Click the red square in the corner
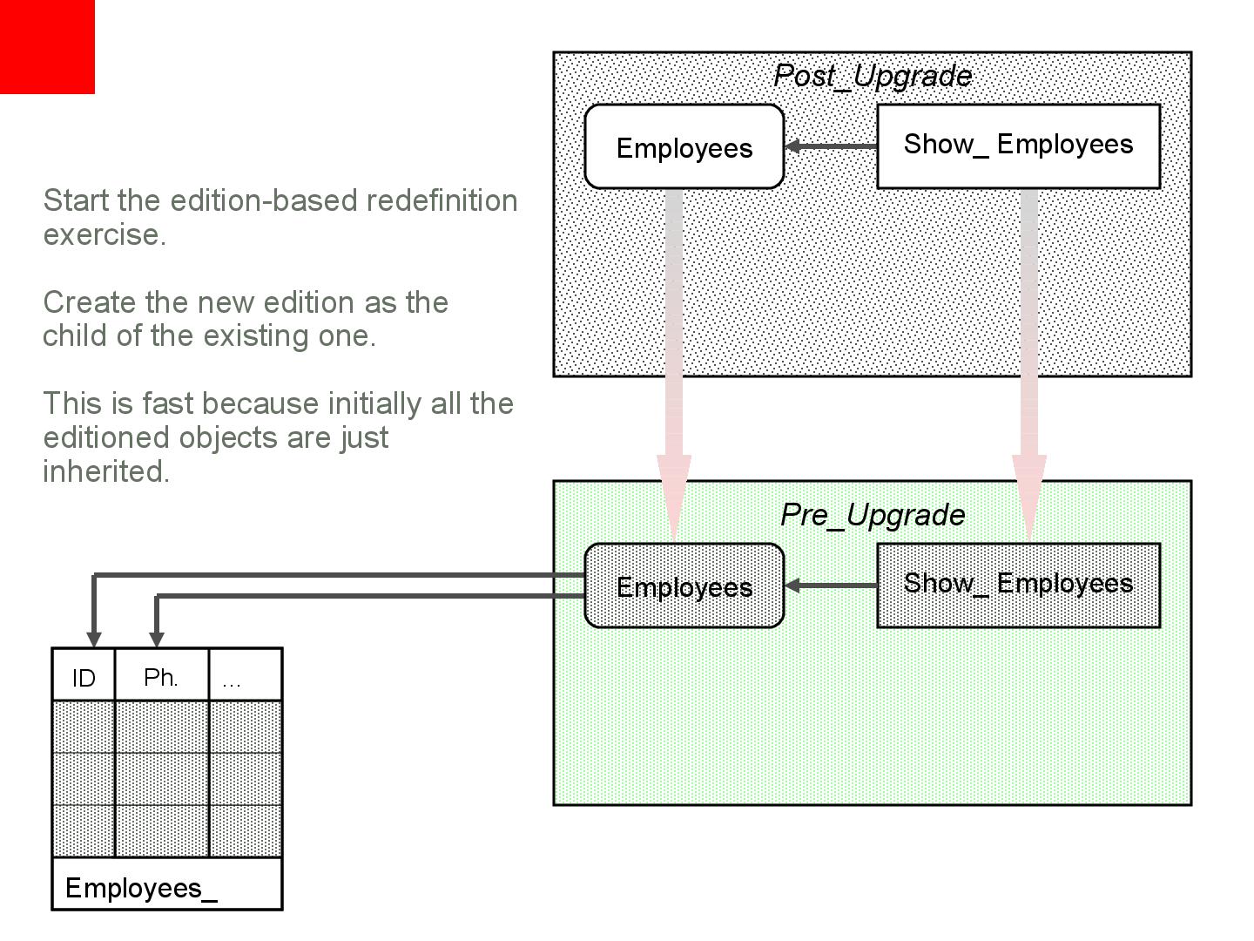(x=47, y=46)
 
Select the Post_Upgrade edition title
(x=873, y=76)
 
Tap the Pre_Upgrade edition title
(x=873, y=515)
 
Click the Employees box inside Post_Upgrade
(x=684, y=147)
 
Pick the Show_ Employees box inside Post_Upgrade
(x=1018, y=146)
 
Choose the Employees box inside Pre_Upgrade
(x=684, y=586)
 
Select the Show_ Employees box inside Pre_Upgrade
(x=1018, y=585)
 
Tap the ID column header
(x=84, y=677)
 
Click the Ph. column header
(x=161, y=677)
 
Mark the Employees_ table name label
(x=141, y=888)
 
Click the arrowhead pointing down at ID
(x=94, y=639)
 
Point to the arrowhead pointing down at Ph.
(x=157, y=639)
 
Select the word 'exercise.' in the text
(x=104, y=234)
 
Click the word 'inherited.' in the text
(x=106, y=471)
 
